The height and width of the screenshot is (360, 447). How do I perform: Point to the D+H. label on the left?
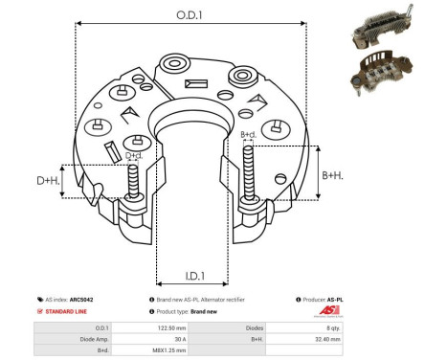48,180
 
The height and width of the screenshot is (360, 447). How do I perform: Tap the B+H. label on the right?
332,175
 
